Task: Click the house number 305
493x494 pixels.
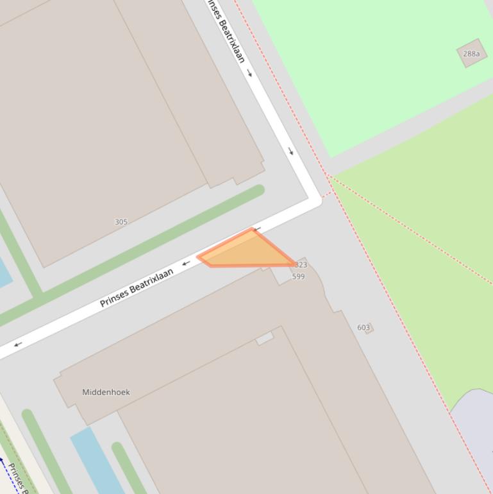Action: pyautogui.click(x=121, y=222)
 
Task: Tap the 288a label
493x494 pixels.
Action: pyautogui.click(x=471, y=54)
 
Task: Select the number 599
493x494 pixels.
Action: pyautogui.click(x=298, y=277)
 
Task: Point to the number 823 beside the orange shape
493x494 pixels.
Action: pyautogui.click(x=301, y=264)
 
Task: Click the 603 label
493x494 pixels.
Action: pyautogui.click(x=363, y=327)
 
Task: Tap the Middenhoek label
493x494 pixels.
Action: pyautogui.click(x=106, y=392)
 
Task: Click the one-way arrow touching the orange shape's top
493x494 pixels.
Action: pyautogui.click(x=257, y=229)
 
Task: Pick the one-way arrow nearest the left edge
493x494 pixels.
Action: pyautogui.click(x=18, y=344)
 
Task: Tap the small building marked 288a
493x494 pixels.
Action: pyautogui.click(x=471, y=53)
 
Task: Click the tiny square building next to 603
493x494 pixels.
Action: pyautogui.click(x=370, y=328)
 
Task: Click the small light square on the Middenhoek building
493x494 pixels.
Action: pyautogui.click(x=265, y=338)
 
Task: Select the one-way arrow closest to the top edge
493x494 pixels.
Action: pyautogui.click(x=249, y=72)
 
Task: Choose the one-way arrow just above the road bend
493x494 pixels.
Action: pyautogui.click(x=291, y=151)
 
